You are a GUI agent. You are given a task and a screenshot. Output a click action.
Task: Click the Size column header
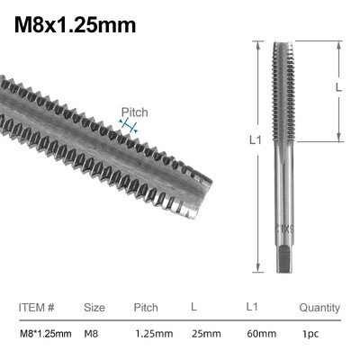click(x=94, y=308)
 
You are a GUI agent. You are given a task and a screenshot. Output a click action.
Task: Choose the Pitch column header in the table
click(x=146, y=308)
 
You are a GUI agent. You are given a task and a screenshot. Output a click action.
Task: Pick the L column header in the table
click(x=193, y=308)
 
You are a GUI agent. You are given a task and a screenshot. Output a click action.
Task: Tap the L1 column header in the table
click(x=252, y=308)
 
